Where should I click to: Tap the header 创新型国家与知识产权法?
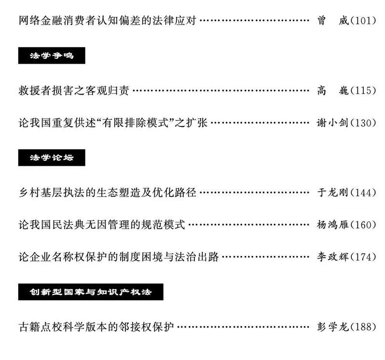click(91, 292)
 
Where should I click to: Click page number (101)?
click(362, 21)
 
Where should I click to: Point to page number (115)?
click(362, 91)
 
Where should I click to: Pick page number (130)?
click(362, 123)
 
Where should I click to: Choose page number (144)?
click(362, 193)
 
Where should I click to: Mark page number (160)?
click(362, 225)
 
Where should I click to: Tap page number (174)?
click(362, 257)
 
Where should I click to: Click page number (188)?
click(362, 327)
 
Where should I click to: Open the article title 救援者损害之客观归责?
click(74, 91)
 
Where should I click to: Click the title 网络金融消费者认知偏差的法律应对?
click(107, 21)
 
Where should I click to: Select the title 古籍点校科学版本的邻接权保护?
click(96, 327)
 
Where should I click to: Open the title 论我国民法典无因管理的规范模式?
click(101, 225)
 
